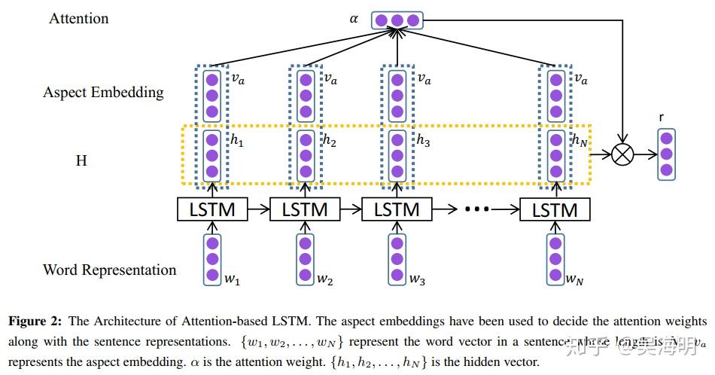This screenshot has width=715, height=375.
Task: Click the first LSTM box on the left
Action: tap(211, 209)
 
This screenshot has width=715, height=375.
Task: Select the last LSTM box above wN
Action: tap(555, 209)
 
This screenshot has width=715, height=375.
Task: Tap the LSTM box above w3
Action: tap(397, 209)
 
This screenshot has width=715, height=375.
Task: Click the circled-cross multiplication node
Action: tap(622, 154)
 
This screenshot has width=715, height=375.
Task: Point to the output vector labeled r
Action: tap(666, 154)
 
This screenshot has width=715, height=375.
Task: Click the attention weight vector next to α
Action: tap(397, 20)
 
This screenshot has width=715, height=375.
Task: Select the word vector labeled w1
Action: tap(212, 259)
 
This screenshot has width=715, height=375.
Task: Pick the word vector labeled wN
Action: tap(555, 259)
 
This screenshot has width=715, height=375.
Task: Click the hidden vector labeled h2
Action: tap(305, 154)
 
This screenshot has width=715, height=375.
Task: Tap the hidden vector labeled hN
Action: tap(555, 154)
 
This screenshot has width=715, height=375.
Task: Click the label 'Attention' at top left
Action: tap(78, 18)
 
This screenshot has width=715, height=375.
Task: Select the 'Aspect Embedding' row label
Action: tap(103, 93)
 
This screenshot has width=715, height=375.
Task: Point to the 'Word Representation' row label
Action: tap(109, 270)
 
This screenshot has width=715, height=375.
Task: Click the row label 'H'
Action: tap(81, 161)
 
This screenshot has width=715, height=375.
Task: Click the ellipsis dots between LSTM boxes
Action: tap(477, 210)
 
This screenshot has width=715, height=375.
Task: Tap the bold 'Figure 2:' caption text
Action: tap(38, 322)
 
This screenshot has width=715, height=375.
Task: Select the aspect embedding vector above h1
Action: tap(212, 95)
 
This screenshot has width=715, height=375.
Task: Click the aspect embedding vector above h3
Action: tap(397, 95)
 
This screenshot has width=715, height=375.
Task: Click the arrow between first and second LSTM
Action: tap(258, 209)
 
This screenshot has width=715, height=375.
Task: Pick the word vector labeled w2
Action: tap(305, 259)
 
